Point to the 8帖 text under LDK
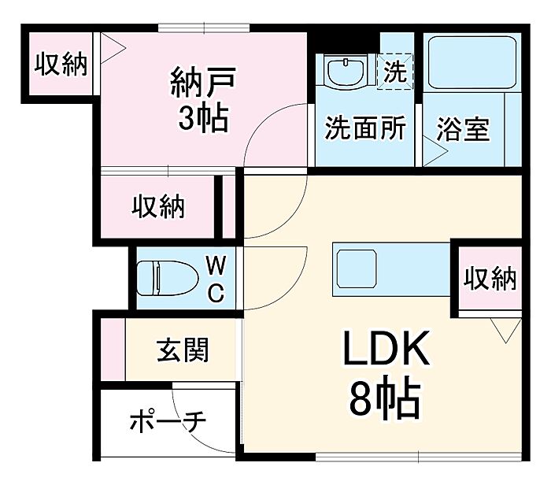coord(385,399)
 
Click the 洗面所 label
coord(364,128)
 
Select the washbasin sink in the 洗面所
coord(346,72)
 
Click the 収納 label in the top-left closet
coord(60,65)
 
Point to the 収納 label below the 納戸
coord(157,206)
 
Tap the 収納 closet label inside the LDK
coord(489,278)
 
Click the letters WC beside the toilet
coord(216,277)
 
